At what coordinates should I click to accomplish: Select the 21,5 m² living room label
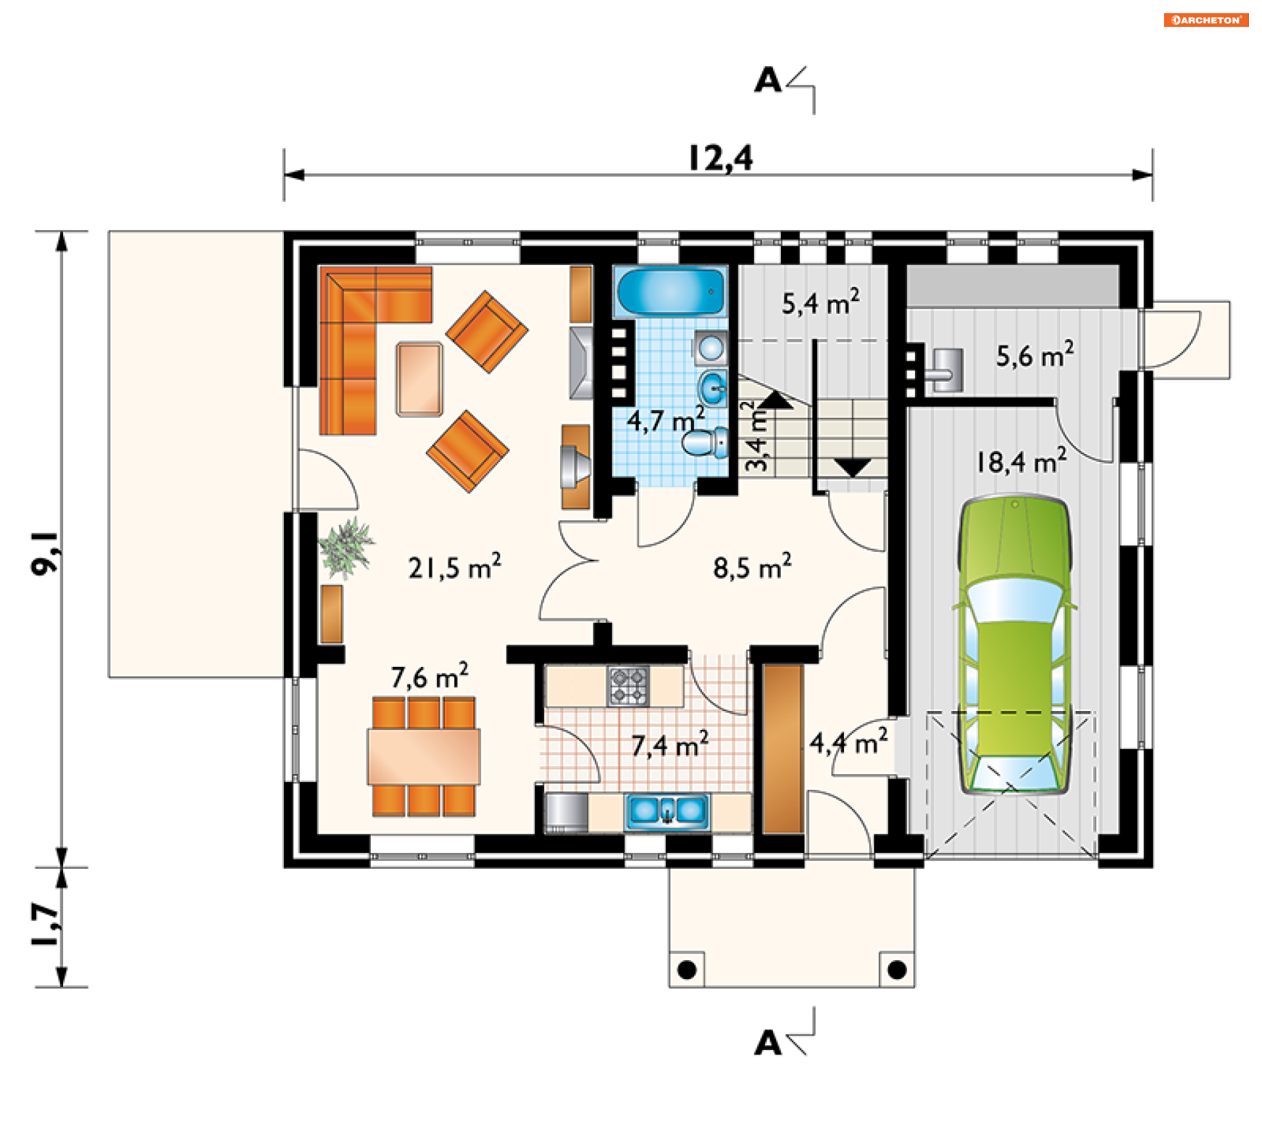(x=454, y=566)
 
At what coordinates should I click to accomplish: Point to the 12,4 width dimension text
(x=720, y=158)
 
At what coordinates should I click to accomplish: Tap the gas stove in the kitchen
(x=628, y=685)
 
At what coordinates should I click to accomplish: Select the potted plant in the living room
(x=346, y=547)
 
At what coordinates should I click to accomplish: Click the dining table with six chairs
(x=423, y=757)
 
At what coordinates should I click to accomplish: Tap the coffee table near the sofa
(x=419, y=379)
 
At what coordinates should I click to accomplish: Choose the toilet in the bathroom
(x=705, y=442)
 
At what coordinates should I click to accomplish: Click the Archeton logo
(x=1205, y=20)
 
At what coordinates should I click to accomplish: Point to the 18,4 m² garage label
(x=1021, y=461)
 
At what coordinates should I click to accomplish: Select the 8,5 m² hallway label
(x=752, y=566)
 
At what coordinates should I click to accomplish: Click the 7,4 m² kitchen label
(x=670, y=744)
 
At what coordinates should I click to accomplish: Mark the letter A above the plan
(x=768, y=81)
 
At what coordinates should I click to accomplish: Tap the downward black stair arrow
(x=853, y=468)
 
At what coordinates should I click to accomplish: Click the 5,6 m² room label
(x=1035, y=355)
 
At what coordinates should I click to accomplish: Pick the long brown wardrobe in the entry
(x=783, y=749)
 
